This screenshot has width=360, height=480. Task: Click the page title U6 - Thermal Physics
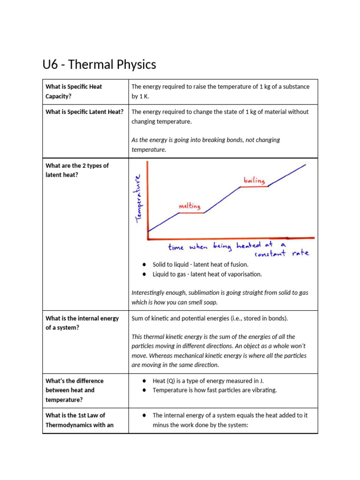[99, 65]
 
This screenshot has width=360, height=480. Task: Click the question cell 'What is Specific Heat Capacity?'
[74, 91]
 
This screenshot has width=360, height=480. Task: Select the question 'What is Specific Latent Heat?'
[84, 112]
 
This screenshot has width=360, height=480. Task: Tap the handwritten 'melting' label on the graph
[189, 206]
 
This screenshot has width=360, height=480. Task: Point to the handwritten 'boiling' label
[254, 180]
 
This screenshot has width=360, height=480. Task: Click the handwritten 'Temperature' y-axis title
[138, 198]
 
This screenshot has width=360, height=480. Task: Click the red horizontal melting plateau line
[192, 213]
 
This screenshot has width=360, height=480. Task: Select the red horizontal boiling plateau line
[254, 187]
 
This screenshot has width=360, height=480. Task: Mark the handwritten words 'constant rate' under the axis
[281, 254]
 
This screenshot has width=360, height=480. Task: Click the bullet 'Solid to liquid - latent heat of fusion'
[200, 265]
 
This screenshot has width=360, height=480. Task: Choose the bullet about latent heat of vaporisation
[207, 274]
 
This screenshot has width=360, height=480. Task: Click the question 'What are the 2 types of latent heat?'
[77, 170]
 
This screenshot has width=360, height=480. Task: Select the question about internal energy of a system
[82, 323]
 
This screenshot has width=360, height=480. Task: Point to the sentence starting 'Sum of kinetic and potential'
[210, 318]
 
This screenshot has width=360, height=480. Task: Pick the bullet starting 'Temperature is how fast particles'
[215, 390]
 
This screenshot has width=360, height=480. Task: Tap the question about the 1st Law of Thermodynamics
[75, 420]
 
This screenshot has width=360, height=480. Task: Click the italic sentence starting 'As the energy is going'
[205, 144]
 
